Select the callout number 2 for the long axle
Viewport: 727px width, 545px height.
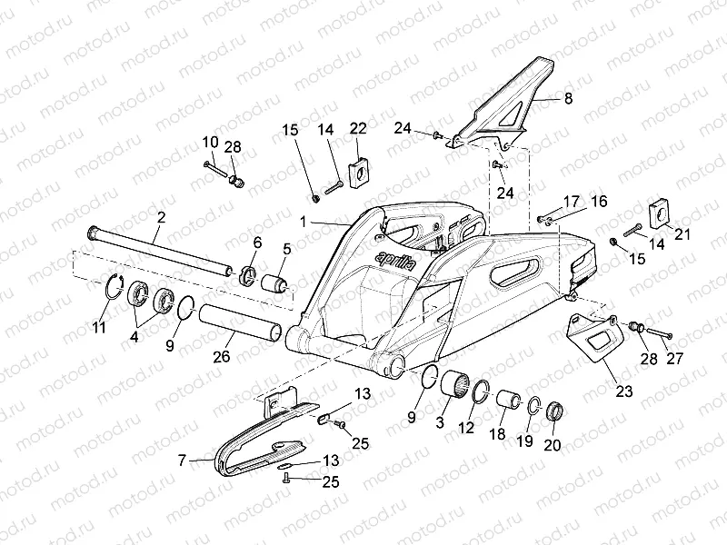[161, 216]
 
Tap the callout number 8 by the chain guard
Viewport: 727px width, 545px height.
[568, 98]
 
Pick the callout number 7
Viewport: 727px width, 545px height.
[182, 461]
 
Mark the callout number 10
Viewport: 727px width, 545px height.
[210, 142]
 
